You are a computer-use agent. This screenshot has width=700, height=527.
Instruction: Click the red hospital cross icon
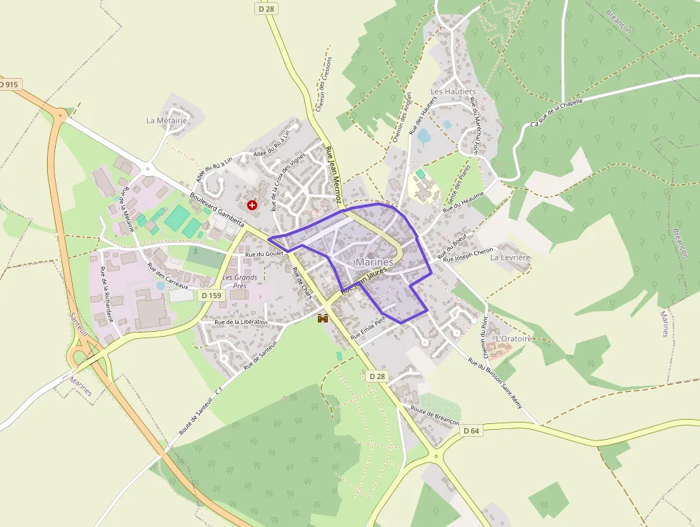[x=251, y=205]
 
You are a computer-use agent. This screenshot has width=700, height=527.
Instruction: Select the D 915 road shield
[x=9, y=84]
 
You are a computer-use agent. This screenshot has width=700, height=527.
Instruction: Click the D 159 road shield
[x=211, y=295]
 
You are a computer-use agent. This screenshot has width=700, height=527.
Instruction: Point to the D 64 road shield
[x=471, y=430]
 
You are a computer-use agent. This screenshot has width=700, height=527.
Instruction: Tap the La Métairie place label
[x=166, y=120]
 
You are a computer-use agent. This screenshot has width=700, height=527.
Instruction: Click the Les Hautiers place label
[x=453, y=92]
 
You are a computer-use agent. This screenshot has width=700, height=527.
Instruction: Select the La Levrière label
[x=510, y=257]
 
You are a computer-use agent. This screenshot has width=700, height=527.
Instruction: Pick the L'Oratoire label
[x=514, y=338]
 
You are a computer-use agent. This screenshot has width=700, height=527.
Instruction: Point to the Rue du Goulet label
[x=264, y=254]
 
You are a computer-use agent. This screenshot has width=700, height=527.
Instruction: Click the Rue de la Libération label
[x=241, y=322]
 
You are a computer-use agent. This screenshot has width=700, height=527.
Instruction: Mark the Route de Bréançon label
[x=434, y=416]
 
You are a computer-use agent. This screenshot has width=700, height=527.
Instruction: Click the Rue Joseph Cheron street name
[x=469, y=255]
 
